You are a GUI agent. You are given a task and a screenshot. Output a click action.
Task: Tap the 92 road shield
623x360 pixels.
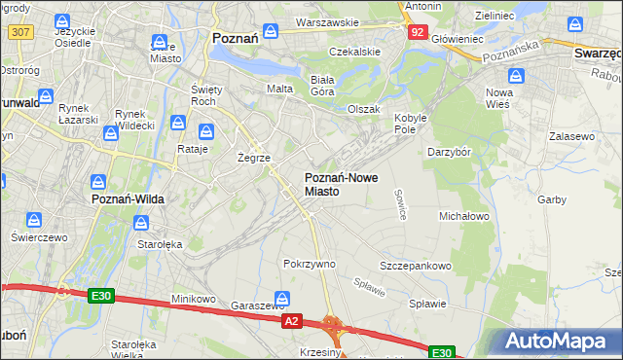417,31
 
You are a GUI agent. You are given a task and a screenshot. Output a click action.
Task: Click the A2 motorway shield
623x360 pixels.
291,319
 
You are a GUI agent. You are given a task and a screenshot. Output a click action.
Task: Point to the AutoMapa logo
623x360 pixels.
558,342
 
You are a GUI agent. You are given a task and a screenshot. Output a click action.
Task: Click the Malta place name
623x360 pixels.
280,89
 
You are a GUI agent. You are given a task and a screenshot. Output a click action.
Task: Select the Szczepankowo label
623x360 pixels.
416,266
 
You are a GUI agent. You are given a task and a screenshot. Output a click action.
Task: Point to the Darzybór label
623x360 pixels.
450,152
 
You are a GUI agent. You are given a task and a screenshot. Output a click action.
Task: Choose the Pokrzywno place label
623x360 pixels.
310,264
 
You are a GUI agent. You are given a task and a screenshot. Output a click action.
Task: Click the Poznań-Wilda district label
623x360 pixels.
128,198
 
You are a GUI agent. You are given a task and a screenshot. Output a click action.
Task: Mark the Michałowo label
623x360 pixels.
464,215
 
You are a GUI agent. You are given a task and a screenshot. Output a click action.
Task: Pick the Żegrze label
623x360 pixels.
254,157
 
